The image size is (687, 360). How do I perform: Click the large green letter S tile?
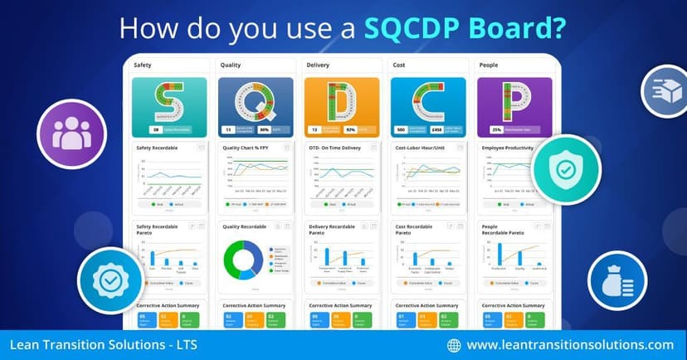click(x=169, y=101)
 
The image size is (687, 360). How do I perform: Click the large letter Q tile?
click(x=256, y=101)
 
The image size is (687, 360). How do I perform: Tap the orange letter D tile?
click(x=342, y=101)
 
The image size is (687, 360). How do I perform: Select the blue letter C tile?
click(x=428, y=101)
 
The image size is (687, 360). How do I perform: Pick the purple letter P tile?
click(x=514, y=101)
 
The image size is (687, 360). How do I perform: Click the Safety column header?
click(x=144, y=64)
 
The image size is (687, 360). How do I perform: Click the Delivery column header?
click(x=318, y=64)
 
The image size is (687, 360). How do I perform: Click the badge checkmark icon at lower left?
click(x=108, y=280)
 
